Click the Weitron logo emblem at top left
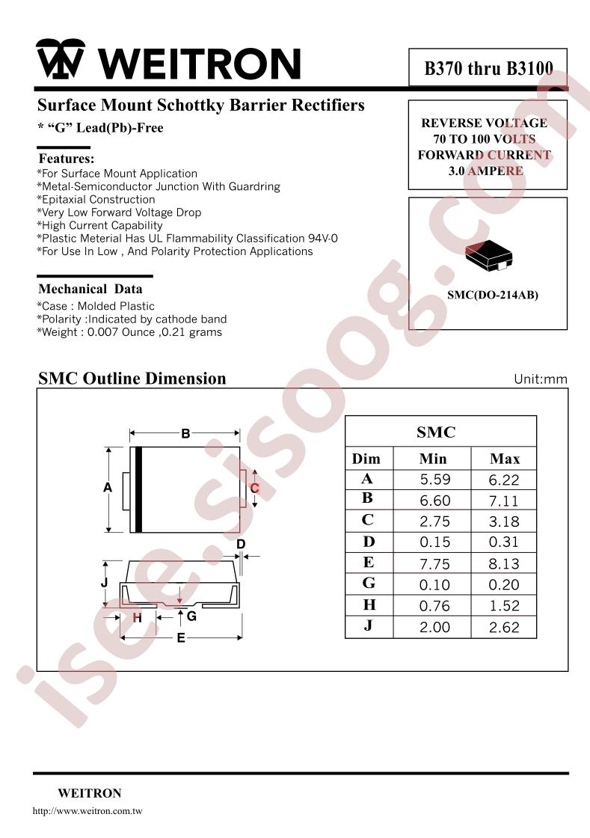61,59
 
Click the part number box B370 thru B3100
488,67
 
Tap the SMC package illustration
488,255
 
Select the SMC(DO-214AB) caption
492,295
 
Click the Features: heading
67,159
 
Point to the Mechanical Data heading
90,289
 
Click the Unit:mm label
541,379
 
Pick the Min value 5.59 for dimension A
434,480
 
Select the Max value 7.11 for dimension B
503,501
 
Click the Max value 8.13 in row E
503,564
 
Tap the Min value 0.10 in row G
434,585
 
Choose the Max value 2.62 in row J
503,628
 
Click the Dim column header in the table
366,459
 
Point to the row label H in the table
369,605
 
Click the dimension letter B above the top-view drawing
185,433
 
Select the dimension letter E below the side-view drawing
181,637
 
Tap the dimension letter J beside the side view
105,583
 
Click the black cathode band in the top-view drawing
138,489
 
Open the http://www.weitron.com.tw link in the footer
87,811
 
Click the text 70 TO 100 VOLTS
485,139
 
